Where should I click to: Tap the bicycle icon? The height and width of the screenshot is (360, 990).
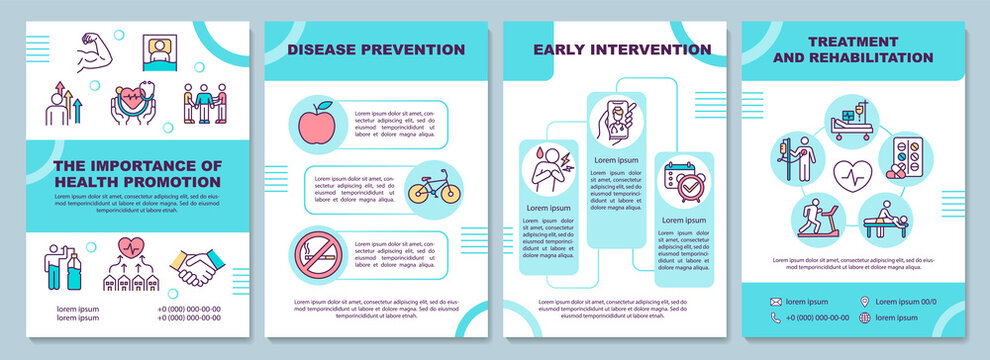[x=434, y=187]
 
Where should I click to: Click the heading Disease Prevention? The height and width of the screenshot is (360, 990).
[x=376, y=49]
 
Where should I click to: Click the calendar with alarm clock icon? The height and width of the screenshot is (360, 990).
[x=685, y=181]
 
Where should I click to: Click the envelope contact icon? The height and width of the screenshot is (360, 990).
[x=776, y=301]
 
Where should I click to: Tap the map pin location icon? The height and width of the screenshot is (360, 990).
[x=866, y=301]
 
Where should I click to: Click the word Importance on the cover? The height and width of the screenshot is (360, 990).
[x=150, y=165]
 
